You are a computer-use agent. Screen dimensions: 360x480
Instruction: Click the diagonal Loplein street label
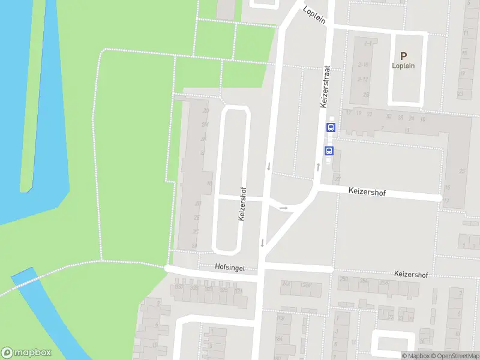tap(314, 14)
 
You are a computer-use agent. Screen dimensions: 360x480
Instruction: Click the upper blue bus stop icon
tap(329, 127)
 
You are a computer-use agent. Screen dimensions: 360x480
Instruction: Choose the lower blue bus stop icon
tap(329, 151)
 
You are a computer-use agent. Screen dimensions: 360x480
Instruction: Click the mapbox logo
tap(26, 353)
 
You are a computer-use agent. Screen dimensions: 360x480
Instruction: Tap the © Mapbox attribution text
tap(415, 356)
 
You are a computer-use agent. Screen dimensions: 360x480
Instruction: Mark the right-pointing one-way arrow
tap(284, 208)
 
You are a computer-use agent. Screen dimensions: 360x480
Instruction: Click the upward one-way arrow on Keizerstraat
tap(318, 166)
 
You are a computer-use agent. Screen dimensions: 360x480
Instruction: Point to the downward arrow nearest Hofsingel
tap(262, 242)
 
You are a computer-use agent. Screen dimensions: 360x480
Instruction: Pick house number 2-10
tap(363, 64)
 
